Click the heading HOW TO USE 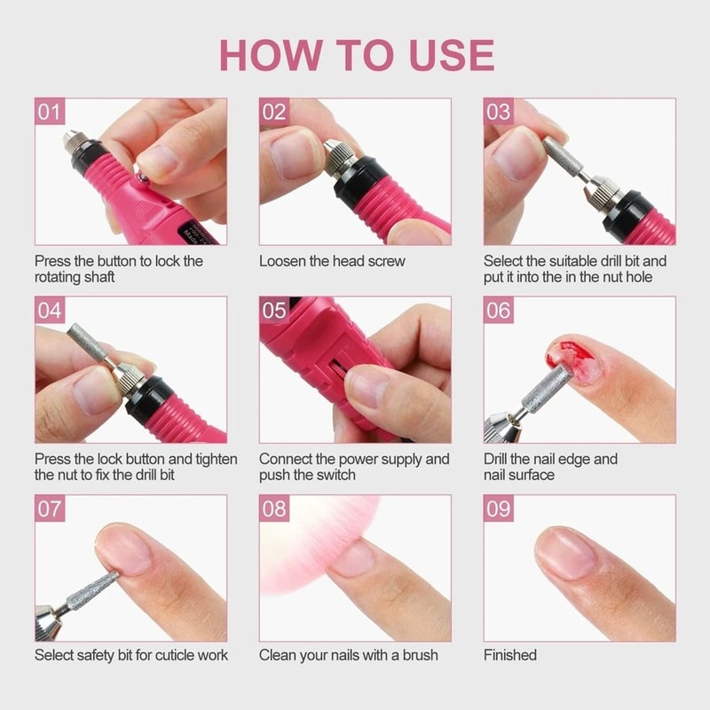pos(356,55)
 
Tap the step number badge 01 pos(50,112)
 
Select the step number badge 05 pos(274,311)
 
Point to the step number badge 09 pos(499,509)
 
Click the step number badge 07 pos(50,509)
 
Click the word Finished pos(510,655)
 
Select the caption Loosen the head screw pos(332,261)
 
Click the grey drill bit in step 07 pos(93,589)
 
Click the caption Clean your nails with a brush pos(348,655)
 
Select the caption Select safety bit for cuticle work pos(131,655)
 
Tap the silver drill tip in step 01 pos(71,140)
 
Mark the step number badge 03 pos(499,112)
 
